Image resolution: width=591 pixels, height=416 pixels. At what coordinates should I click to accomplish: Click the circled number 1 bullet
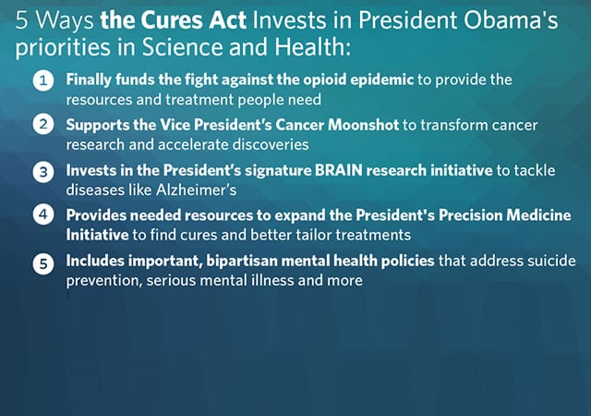point(43,80)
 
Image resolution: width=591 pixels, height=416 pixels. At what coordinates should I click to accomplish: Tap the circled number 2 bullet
point(43,125)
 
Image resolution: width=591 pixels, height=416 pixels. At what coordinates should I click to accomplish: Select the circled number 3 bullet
point(43,172)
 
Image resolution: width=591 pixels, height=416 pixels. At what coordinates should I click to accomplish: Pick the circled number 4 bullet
point(43,214)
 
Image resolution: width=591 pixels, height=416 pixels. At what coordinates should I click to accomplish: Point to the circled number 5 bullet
point(43,263)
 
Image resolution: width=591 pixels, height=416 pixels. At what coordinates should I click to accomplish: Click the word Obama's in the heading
point(511,20)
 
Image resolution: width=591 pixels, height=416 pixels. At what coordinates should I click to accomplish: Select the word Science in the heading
point(182,47)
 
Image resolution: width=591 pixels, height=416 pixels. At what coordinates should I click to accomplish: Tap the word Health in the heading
point(312,47)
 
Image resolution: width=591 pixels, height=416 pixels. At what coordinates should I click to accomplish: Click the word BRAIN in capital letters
point(338,170)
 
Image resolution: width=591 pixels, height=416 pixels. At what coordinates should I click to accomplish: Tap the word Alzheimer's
point(196,190)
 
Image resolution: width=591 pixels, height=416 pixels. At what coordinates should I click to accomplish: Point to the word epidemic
point(381,80)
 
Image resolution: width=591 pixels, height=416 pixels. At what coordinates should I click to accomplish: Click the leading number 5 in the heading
point(22,20)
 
